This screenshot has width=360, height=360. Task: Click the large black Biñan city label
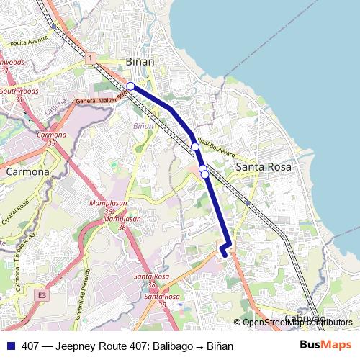tap(140, 62)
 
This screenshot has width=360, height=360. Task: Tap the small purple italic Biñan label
tap(143, 126)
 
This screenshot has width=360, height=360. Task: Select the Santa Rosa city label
tap(264, 167)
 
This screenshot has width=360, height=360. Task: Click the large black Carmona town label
tap(27, 172)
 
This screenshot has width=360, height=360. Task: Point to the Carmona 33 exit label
tap(51, 139)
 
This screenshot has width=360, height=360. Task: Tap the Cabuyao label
tap(305, 318)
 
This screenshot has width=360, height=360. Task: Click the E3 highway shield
tap(42, 295)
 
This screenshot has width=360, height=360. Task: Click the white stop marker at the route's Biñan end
tap(130, 86)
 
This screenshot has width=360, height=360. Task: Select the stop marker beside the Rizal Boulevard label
tap(195, 147)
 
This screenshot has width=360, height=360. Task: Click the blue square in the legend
tap(11, 346)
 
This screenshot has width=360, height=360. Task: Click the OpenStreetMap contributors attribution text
tap(297, 323)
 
